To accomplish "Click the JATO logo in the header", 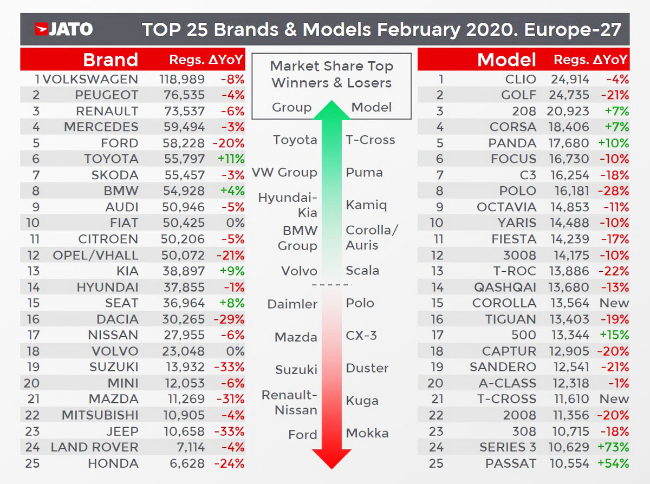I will [x=63, y=29].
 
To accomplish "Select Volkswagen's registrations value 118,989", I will [x=182, y=79].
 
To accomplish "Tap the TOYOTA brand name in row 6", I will [x=111, y=159].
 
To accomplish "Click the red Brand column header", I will [x=110, y=60].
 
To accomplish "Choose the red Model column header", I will [x=506, y=60].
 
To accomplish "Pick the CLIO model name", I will [x=520, y=80].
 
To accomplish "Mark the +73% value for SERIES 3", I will [x=614, y=448].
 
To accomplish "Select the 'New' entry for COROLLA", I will [x=614, y=303].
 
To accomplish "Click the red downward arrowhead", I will [x=332, y=459].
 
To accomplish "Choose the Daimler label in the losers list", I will [x=292, y=304].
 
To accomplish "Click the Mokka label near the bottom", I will [x=367, y=434].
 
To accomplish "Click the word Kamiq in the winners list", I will [x=367, y=206].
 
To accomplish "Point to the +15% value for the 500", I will [x=614, y=336].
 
